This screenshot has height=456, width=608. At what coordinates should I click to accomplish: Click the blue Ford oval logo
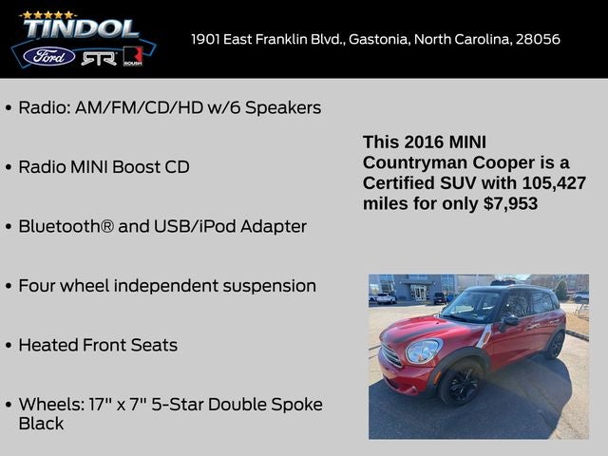coord(49,56)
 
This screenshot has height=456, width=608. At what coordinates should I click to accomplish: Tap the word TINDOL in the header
coord(80,29)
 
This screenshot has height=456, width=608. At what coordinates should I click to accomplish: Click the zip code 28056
coord(538,40)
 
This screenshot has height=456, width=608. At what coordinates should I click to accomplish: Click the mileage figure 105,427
coord(553,182)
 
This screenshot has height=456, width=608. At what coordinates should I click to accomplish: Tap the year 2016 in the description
coord(424,142)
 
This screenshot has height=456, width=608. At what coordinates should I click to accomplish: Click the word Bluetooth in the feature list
coord(64,226)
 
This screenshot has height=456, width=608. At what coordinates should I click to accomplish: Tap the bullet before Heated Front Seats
coord(9,346)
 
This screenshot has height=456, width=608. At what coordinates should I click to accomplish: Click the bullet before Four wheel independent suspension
coord(9,286)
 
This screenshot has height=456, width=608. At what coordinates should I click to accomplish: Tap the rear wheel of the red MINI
coord(555,345)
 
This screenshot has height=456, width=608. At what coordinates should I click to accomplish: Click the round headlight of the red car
coord(423,351)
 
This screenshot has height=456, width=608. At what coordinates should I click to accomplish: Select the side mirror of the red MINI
coord(510,321)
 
